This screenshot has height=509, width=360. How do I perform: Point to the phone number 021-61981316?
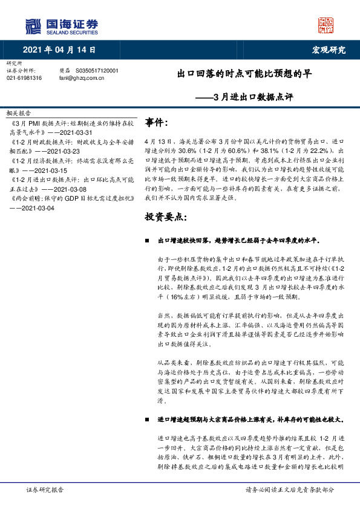[24, 78]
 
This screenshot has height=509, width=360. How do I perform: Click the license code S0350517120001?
[97, 71]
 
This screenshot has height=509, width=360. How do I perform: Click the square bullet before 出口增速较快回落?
[148, 241]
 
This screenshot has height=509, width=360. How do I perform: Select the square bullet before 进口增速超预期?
[148, 418]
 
